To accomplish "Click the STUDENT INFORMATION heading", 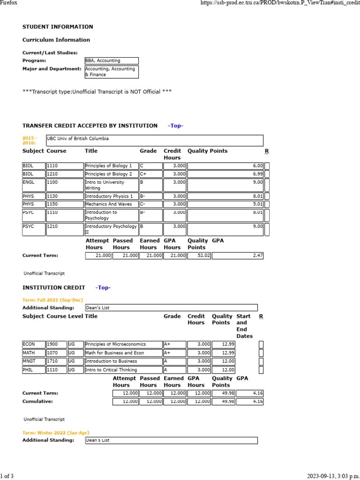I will (58, 27).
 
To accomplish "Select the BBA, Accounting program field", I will (111, 60).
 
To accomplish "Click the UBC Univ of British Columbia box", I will (154, 140).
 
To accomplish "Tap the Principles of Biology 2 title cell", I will (111, 174).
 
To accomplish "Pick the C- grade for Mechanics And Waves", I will (150, 204).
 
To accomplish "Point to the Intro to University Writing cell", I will (111, 185).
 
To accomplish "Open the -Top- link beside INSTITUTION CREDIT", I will (103, 287).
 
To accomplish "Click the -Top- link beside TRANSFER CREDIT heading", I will (176, 126).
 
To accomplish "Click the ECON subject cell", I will (34, 345).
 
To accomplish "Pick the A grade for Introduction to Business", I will (174, 361).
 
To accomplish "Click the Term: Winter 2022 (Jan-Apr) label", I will (56, 433).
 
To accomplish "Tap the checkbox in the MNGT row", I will (261, 361).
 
